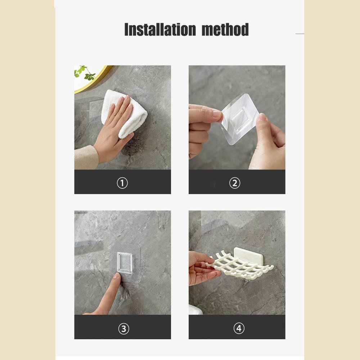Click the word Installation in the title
pos(160,30)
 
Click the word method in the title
pos(225,30)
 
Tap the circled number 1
pos(122,183)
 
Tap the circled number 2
pos(235,183)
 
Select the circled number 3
pos(123,328)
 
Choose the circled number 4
pos(239,328)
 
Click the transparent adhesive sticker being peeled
pos(239,119)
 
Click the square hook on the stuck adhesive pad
pos(125,262)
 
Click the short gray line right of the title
pos(300,34)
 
